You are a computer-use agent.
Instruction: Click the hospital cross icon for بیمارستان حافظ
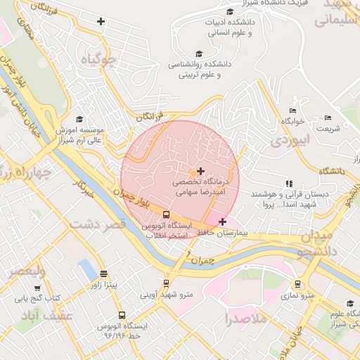point(223,221)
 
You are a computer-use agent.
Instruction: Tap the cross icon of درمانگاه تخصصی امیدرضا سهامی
point(201,171)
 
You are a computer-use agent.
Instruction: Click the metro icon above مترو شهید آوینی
point(166,283)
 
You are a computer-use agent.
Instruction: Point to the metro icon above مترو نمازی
point(298,285)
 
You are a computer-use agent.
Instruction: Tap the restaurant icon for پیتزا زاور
point(104,274)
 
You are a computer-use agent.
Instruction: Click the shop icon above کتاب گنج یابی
point(37,288)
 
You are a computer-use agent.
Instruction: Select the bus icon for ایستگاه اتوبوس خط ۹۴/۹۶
point(122,316)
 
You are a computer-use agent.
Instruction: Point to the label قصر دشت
point(98,224)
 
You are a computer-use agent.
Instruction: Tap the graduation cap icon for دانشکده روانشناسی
point(198,53)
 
